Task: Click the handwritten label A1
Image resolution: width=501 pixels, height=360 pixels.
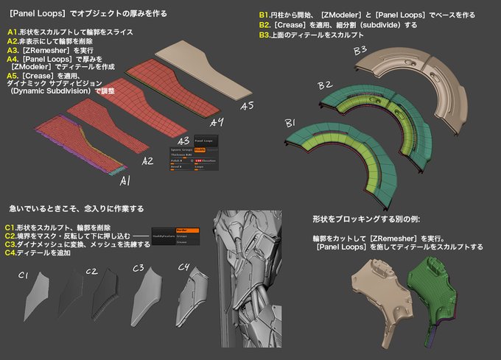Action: point(125,180)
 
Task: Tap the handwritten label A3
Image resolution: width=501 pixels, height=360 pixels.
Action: point(182,140)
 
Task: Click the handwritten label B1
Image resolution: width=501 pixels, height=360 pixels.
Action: point(290,122)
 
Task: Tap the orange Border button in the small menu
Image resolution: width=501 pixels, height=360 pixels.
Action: point(184,230)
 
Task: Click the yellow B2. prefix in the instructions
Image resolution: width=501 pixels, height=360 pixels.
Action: point(266,24)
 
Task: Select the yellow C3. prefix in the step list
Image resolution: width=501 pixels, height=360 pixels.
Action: point(11,244)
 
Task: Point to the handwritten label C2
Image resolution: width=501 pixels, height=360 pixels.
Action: point(91,271)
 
